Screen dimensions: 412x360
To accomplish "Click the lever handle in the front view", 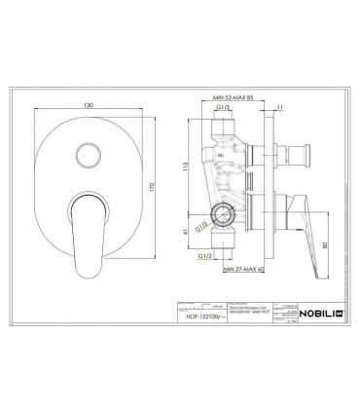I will (x=81, y=231).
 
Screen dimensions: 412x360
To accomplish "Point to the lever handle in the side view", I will (x=292, y=226).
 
